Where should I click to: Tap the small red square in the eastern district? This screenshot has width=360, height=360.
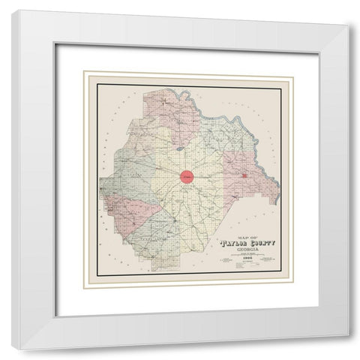pyautogui.click(x=245, y=176)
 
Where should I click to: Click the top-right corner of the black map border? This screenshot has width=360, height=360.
pyautogui.click(x=282, y=87)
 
